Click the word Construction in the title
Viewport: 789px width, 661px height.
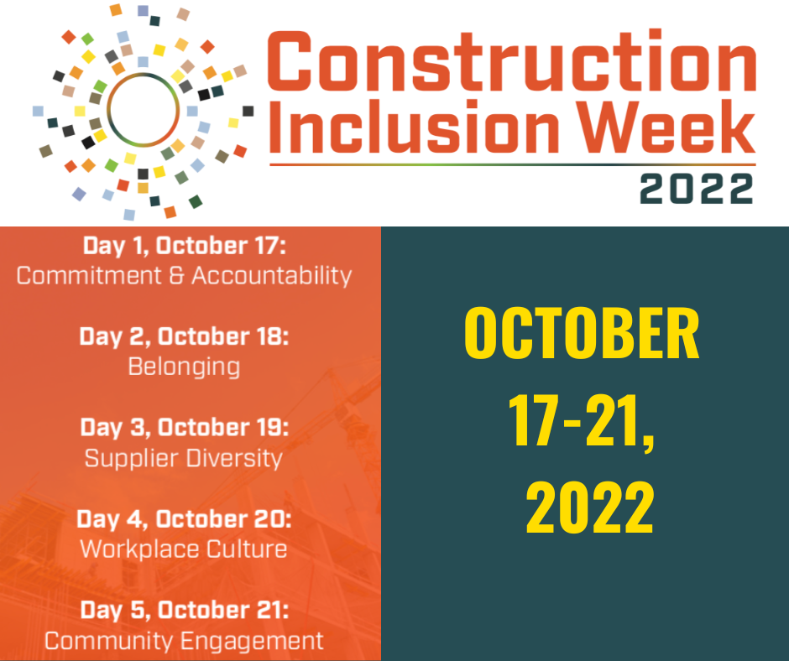[511, 61]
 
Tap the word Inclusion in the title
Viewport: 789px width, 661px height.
[414, 127]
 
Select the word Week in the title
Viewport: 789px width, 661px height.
[666, 127]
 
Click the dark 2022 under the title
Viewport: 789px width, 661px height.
[697, 189]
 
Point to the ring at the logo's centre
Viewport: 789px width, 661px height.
[143, 74]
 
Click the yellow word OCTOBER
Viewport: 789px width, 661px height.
[582, 333]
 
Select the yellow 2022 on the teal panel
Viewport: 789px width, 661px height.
[590, 507]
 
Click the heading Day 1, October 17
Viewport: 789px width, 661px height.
[184, 246]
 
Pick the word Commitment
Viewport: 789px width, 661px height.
[89, 276]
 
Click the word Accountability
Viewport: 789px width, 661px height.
[272, 276]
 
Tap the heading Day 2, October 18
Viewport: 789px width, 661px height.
[184, 336]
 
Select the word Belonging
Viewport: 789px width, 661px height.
[184, 367]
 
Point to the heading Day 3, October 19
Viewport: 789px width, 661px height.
[185, 428]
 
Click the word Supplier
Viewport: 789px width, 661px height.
[131, 459]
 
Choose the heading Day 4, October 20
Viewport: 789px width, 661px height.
[184, 519]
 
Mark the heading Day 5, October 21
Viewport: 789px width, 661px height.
[185, 610]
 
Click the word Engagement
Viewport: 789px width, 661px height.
[252, 642]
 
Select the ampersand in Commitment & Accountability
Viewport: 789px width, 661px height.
[176, 276]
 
